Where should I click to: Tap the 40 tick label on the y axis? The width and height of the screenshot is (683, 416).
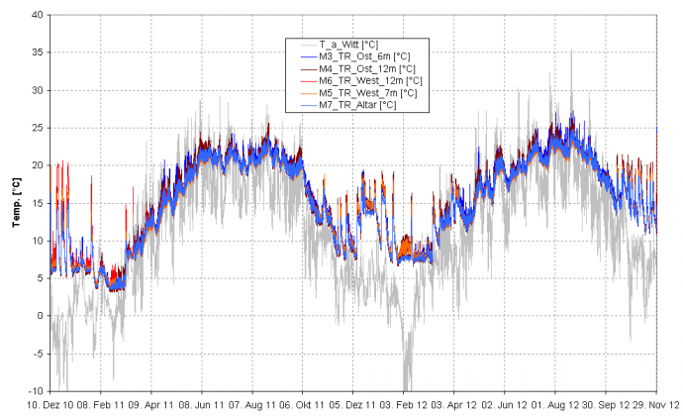37,15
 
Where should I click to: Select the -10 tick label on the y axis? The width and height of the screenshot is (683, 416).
36,390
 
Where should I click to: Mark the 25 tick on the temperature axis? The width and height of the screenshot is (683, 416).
37,128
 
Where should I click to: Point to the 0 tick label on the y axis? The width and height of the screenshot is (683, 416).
40,316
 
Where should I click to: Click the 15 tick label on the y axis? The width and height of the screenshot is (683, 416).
37,203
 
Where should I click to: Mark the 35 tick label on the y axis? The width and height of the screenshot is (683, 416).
37,52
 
